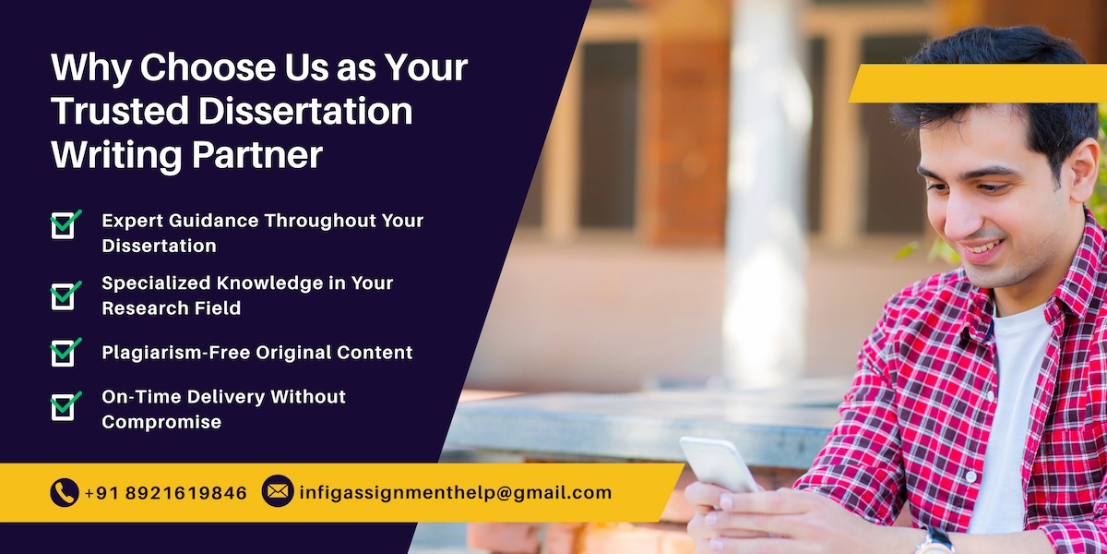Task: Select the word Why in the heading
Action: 90,68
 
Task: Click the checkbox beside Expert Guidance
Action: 63,224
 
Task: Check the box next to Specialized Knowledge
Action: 63,295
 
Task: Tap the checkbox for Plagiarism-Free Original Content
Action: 63,352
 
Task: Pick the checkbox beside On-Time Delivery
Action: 63,406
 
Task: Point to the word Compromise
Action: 161,422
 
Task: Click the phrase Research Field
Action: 171,308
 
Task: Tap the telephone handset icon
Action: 64,492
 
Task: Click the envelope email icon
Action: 278,491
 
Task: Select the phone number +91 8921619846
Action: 166,493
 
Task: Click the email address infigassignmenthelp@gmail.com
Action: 455,493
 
